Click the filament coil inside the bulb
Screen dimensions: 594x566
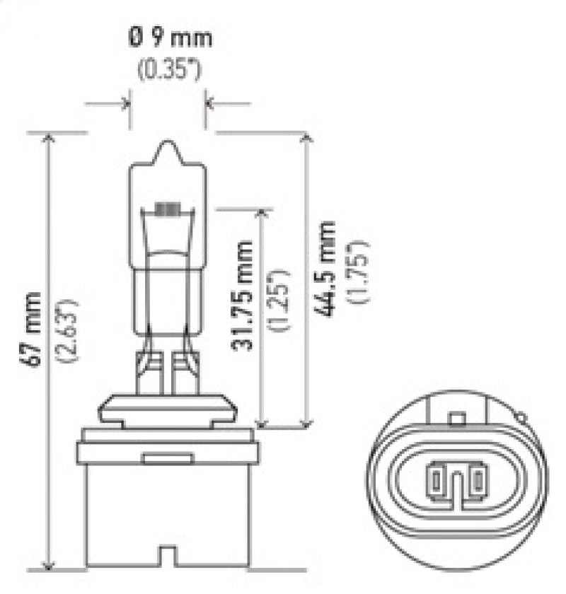(168, 209)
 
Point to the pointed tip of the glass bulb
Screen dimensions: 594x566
(168, 144)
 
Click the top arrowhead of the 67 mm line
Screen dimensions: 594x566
(47, 136)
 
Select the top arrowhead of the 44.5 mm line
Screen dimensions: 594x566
(306, 136)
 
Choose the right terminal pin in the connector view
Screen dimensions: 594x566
(479, 479)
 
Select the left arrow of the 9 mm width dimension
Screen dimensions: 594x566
(125, 105)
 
